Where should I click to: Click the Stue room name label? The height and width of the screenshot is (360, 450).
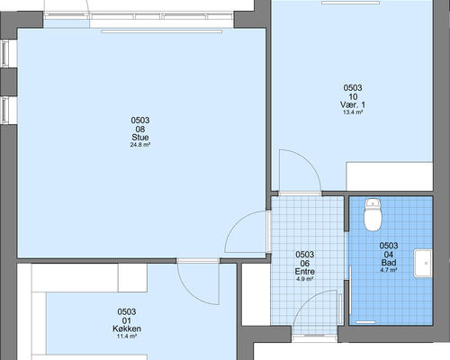coord(140,138)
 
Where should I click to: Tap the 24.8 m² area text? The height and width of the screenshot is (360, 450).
coord(140,145)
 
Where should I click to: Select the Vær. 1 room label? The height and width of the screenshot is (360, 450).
coord(353,104)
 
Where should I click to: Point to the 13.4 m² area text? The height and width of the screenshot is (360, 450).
coord(353,112)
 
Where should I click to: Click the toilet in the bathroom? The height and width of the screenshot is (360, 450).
coord(373,214)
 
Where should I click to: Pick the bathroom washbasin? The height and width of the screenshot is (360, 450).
coord(423,263)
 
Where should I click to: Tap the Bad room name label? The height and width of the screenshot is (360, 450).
coord(389,263)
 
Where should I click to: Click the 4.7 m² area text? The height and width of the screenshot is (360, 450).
coord(389,270)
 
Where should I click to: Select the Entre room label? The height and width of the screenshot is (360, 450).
coord(305,272)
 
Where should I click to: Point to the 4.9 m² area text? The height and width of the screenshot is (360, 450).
coord(305,279)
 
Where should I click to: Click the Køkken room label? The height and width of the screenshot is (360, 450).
coord(127,328)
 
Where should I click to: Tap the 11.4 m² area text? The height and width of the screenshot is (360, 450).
coord(127,337)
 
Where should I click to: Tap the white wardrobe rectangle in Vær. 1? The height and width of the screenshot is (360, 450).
coord(390,176)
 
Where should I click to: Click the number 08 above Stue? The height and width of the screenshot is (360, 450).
coord(140,130)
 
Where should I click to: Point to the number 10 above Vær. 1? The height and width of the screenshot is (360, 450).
coord(353,96)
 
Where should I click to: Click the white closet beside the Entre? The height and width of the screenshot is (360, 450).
coord(256,294)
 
